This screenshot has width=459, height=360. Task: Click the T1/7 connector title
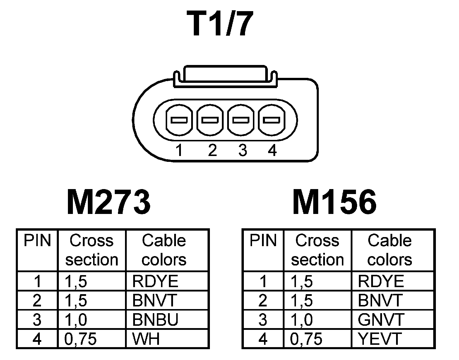[x=222, y=25]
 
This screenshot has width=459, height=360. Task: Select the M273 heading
[x=109, y=202]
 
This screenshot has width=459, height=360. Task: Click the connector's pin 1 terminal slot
[x=179, y=120]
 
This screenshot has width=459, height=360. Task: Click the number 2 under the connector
[x=212, y=150]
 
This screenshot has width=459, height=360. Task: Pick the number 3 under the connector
[x=242, y=150]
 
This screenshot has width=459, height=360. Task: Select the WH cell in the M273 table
[x=146, y=339]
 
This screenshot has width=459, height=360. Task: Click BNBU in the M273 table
[x=155, y=320]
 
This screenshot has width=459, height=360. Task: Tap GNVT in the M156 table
[x=381, y=320]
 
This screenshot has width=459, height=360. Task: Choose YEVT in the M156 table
[x=380, y=339]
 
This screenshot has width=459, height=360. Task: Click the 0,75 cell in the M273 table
[x=81, y=339]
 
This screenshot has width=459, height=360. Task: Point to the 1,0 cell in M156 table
[x=302, y=320]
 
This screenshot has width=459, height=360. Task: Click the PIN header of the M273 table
[x=37, y=241]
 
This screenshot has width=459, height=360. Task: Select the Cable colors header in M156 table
[x=390, y=250]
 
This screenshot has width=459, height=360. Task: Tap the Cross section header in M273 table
[x=92, y=250]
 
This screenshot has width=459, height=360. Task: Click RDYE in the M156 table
[x=381, y=282]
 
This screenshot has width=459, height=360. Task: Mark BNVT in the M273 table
[x=155, y=301]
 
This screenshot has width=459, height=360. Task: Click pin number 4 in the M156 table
[x=263, y=339]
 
